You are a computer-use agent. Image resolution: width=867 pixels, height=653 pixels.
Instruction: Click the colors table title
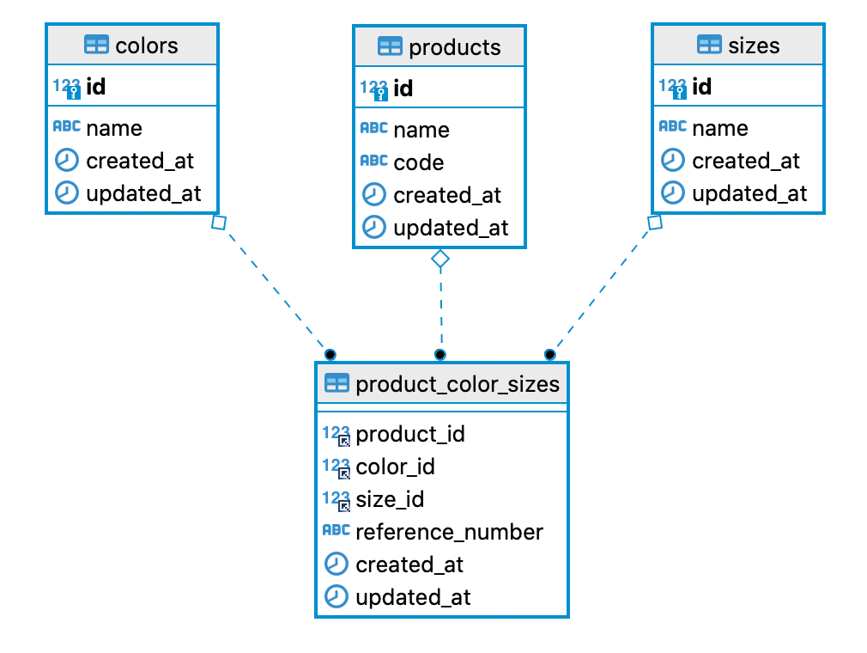[x=146, y=45]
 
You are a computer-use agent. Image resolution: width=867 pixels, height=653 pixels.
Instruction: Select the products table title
[x=454, y=46]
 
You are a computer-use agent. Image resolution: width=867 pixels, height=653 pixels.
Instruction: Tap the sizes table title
[x=754, y=45]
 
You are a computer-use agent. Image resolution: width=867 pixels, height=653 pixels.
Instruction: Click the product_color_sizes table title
[x=457, y=383]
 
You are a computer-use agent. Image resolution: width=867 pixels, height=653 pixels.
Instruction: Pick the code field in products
[x=418, y=162]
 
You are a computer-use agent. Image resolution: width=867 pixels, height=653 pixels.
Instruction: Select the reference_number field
[x=449, y=532]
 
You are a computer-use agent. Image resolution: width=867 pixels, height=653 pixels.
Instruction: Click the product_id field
[x=409, y=434]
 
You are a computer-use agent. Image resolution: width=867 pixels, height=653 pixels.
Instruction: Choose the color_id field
[x=395, y=467]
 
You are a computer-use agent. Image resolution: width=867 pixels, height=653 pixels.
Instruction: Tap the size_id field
[x=390, y=499]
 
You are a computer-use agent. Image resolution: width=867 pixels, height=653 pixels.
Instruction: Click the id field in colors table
[x=96, y=87]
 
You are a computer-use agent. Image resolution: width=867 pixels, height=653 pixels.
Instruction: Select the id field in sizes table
[x=701, y=87]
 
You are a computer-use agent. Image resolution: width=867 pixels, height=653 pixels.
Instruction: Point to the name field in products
[x=421, y=130]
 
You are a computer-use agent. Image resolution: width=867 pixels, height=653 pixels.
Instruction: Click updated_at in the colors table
[x=143, y=193]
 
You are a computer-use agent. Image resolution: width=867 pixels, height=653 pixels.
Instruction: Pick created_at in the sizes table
[x=745, y=161]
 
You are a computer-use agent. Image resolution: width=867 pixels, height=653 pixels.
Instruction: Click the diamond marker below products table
[x=440, y=258]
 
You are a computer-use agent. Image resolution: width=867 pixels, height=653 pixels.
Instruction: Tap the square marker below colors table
[x=218, y=223]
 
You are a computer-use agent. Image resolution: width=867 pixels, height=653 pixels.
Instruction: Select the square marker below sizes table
[x=655, y=223]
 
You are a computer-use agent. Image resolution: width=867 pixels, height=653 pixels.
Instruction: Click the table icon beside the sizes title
[x=709, y=45]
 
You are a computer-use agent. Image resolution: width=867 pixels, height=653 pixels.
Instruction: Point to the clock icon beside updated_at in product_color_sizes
[x=336, y=596]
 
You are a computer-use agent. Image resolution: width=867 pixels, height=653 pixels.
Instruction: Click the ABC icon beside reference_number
[x=336, y=530]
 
